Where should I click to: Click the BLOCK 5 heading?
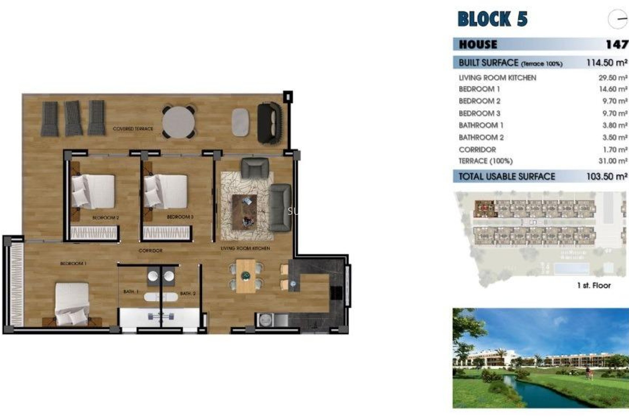point(492,19)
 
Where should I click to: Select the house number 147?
point(617,44)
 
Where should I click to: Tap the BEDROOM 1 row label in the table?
point(479,89)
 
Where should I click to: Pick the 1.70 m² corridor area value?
point(615,150)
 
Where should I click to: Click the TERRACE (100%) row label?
point(486,161)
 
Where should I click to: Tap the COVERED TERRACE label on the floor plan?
point(133,129)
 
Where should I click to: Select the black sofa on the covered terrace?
point(269,123)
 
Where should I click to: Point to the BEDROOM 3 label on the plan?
point(180,217)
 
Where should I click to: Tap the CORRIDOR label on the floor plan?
point(150,250)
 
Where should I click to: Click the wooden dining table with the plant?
point(246,276)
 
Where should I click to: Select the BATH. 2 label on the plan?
point(188,294)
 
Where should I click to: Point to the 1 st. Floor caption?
point(594,285)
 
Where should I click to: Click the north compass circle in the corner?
point(618,19)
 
